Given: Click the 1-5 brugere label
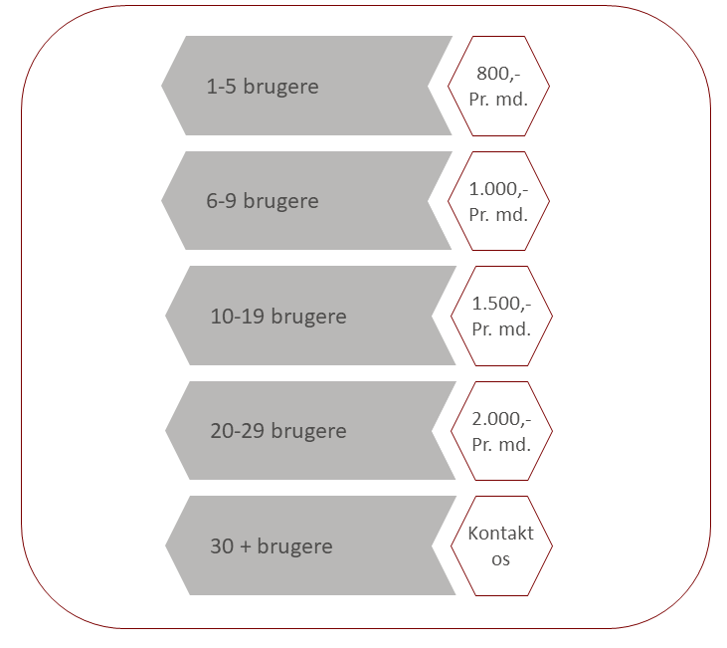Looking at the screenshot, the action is click(x=263, y=87).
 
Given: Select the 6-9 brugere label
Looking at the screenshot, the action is click(x=263, y=201).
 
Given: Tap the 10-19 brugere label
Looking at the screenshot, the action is click(x=278, y=317).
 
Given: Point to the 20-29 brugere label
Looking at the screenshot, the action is click(x=278, y=431).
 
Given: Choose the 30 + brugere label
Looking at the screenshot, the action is click(x=272, y=546).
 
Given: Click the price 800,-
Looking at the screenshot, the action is click(x=498, y=74).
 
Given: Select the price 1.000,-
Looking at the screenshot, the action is click(x=498, y=189).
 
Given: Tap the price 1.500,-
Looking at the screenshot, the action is click(x=501, y=304).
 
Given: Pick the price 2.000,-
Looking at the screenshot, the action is click(x=501, y=419).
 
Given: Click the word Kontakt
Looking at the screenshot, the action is click(x=500, y=534).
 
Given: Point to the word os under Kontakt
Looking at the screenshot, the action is click(x=500, y=559).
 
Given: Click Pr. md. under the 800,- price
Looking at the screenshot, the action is click(x=498, y=100).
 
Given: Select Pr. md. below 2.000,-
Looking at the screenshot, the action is click(x=501, y=445).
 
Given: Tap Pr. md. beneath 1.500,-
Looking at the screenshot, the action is click(x=501, y=329).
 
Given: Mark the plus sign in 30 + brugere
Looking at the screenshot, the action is click(x=246, y=546).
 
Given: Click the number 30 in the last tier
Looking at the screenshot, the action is click(x=222, y=546).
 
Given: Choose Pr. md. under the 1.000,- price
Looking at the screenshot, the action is click(x=498, y=215).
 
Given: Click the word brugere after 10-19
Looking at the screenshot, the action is click(x=308, y=318).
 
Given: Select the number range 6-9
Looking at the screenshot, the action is click(x=222, y=201).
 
